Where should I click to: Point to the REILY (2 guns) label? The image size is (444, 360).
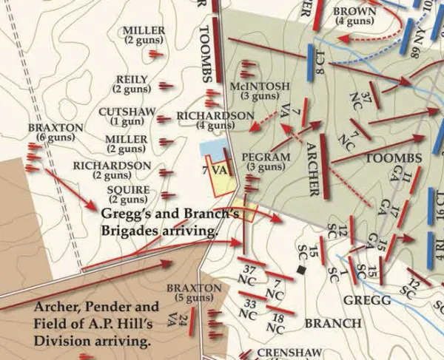132,84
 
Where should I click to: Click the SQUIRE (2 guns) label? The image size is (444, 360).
128,194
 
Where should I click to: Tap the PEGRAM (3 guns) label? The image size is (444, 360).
264,163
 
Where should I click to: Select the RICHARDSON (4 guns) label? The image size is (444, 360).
215,120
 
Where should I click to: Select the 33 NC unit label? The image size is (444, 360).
252,308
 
